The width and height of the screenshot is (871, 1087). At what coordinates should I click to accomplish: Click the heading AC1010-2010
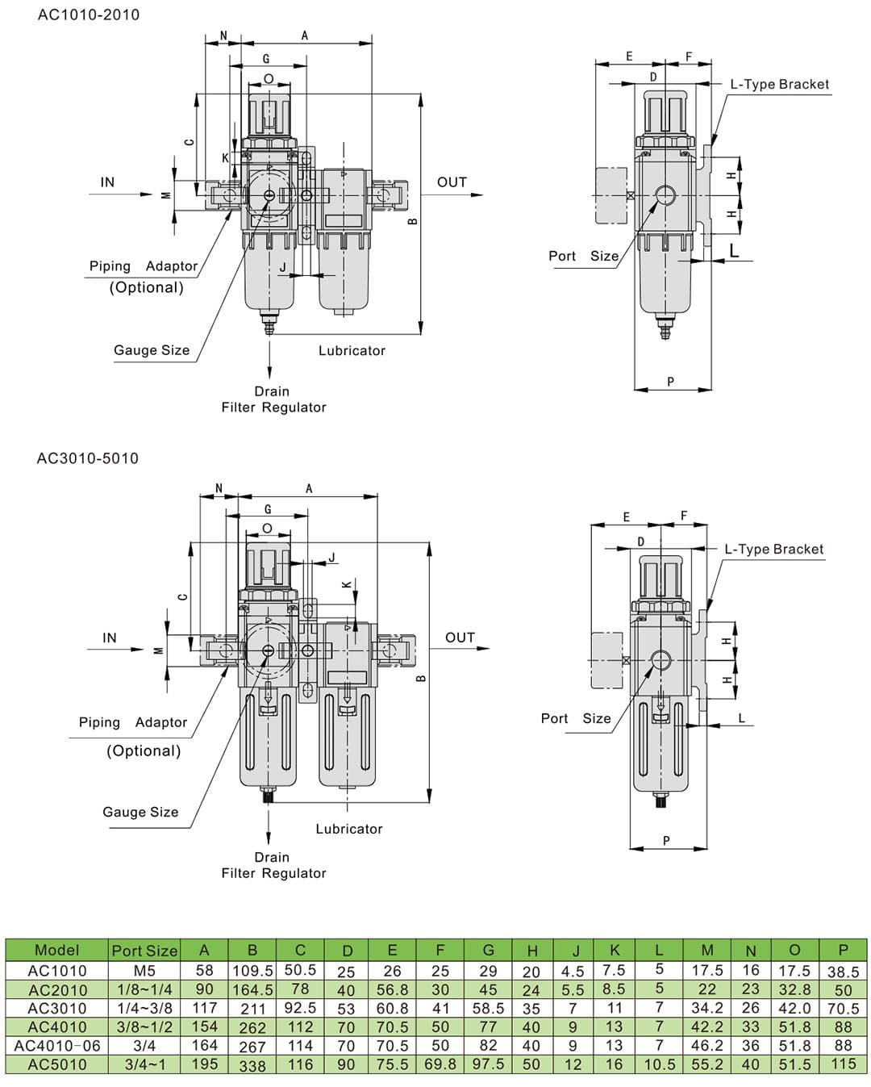pyautogui.click(x=89, y=15)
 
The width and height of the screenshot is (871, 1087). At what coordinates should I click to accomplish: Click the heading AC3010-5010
pyautogui.click(x=88, y=458)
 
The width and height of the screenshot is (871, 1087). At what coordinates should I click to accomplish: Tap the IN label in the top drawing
pyautogui.click(x=107, y=182)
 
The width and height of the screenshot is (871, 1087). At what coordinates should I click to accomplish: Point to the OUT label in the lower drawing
pyautogui.click(x=460, y=638)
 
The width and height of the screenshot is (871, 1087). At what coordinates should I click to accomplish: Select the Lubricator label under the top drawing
pyautogui.click(x=352, y=350)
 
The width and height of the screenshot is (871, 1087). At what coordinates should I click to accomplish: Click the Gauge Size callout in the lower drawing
pyautogui.click(x=140, y=812)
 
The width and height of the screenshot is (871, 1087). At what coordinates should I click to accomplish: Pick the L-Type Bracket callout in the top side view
pyautogui.click(x=779, y=84)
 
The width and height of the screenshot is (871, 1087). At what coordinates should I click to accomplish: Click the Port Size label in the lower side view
pyautogui.click(x=576, y=718)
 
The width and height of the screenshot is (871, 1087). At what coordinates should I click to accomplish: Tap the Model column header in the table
pyautogui.click(x=56, y=950)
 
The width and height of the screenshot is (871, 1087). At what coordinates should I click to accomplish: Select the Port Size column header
pyautogui.click(x=144, y=951)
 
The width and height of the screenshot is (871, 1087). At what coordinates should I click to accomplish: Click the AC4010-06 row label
pyautogui.click(x=57, y=1046)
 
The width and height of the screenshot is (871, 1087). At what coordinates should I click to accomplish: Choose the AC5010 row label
pyautogui.click(x=57, y=1064)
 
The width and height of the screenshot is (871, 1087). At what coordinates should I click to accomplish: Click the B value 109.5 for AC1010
pyautogui.click(x=252, y=971)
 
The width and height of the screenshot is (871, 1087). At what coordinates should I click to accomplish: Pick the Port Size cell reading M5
pyautogui.click(x=144, y=971)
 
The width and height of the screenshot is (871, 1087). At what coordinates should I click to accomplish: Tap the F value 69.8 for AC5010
pyautogui.click(x=440, y=1064)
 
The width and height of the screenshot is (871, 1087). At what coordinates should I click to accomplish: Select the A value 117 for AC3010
pyautogui.click(x=205, y=1008)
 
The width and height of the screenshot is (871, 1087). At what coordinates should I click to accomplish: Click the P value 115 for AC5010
pyautogui.click(x=844, y=1064)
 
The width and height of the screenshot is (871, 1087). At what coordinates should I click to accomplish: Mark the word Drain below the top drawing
pyautogui.click(x=272, y=391)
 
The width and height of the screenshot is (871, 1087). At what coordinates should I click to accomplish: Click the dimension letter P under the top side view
pyautogui.click(x=670, y=382)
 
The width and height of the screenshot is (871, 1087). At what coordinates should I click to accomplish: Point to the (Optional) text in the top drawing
pyautogui.click(x=146, y=287)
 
